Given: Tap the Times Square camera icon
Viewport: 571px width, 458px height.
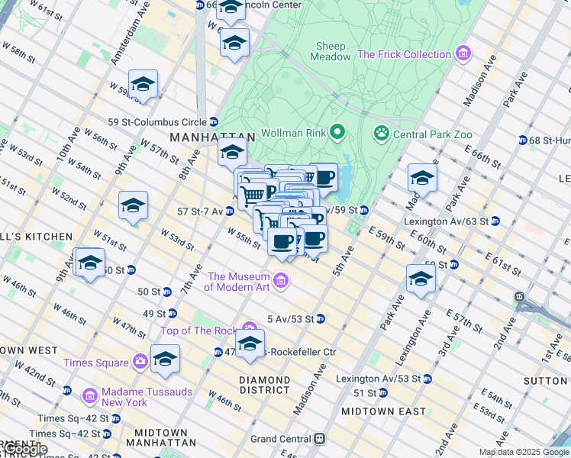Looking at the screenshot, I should tap(140, 362).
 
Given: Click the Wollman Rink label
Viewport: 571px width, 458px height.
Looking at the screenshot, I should tap(293, 134).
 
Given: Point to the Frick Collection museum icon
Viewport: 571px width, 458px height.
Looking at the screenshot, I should tap(462, 54).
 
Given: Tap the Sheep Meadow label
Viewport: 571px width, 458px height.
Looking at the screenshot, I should tap(331, 50).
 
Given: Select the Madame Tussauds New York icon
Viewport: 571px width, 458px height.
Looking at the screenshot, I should tap(89, 395).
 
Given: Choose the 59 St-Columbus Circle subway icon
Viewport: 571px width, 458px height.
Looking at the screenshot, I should tap(214, 121).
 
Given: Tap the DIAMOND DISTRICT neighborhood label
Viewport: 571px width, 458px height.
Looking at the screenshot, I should tap(265, 385).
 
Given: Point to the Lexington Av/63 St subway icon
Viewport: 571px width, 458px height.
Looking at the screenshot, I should tap(495, 221).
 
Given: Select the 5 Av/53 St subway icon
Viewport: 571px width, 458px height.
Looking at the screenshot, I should tap(321, 318).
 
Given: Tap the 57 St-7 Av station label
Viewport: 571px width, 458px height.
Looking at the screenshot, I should tap(200, 211).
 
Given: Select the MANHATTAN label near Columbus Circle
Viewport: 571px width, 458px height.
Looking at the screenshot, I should tap(200, 137).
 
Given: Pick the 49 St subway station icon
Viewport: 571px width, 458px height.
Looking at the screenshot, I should tap(173, 313).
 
